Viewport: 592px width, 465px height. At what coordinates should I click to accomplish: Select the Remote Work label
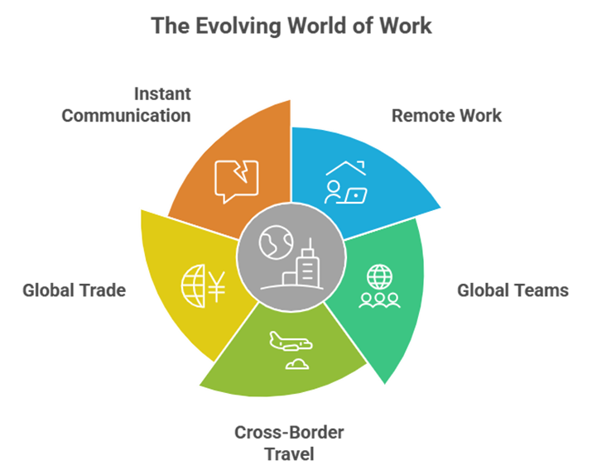coord(446,115)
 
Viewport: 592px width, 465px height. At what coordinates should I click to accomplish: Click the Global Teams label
coord(513,290)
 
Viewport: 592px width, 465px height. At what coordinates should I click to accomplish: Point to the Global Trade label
coord(75,290)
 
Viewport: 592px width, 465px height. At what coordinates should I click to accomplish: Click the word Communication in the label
coord(126,115)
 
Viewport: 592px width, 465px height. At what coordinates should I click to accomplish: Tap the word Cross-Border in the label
coord(289,433)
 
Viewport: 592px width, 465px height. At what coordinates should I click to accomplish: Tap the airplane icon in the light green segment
coord(289,341)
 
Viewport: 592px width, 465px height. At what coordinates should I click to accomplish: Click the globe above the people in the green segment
coord(378,275)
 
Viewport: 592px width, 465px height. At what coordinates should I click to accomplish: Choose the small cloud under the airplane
coord(295,363)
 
